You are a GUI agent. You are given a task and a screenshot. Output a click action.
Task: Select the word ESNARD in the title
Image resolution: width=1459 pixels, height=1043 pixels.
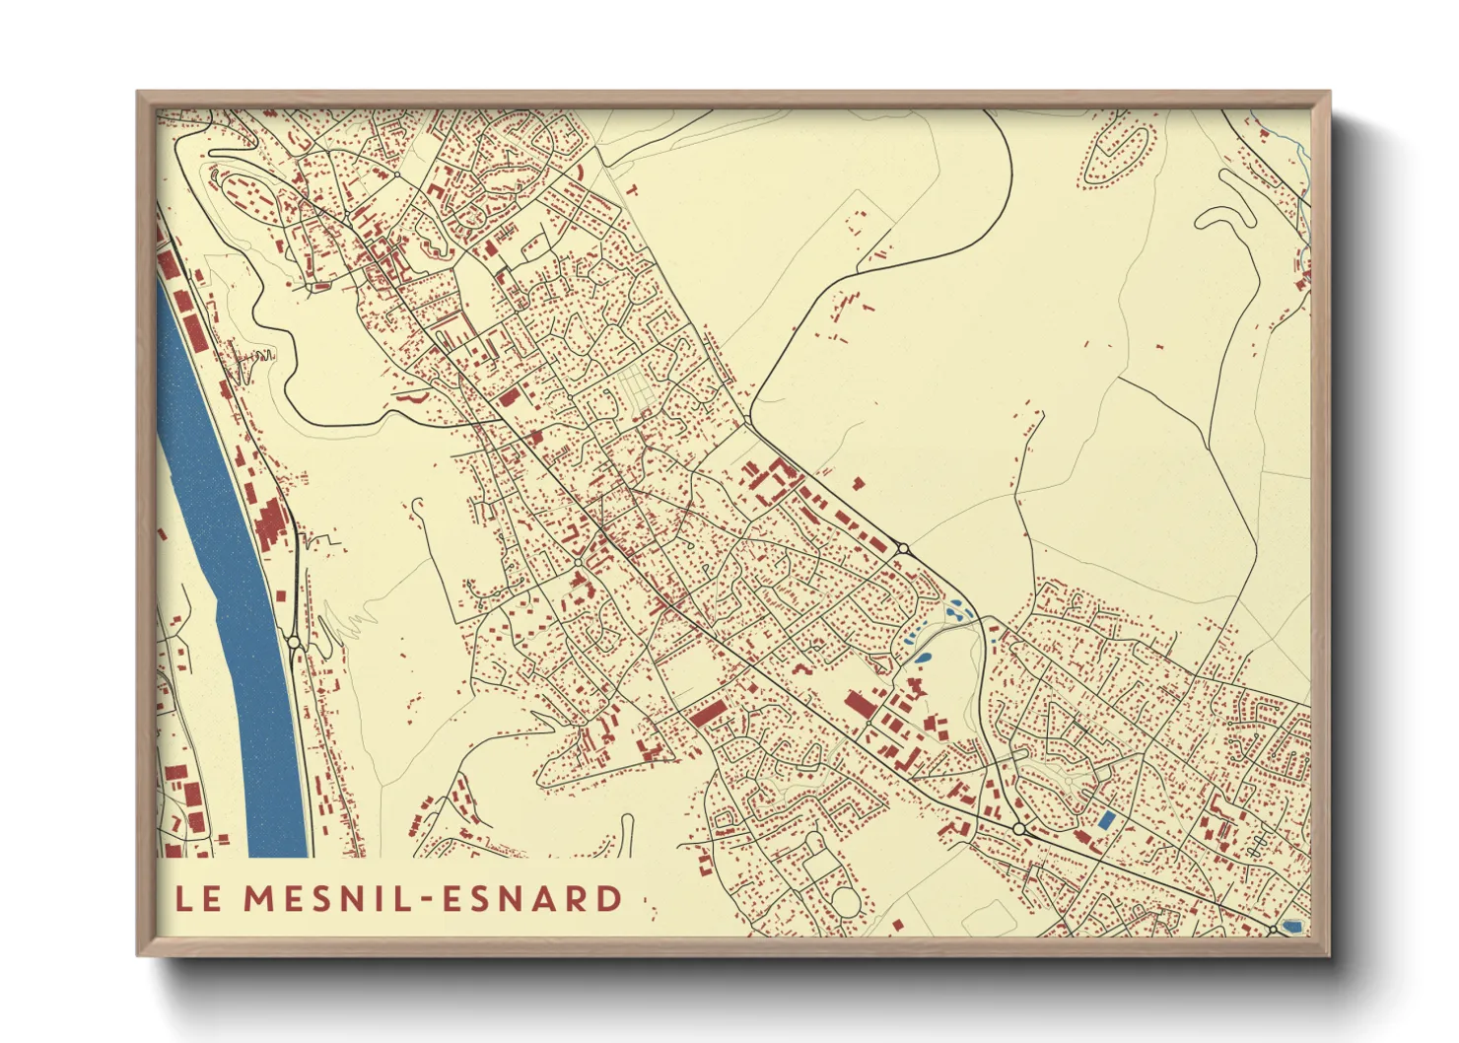[532, 898]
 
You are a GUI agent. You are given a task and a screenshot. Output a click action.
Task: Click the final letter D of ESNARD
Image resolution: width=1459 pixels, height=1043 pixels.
[608, 898]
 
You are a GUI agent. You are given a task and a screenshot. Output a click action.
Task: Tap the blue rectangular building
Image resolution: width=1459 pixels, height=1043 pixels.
[1106, 819]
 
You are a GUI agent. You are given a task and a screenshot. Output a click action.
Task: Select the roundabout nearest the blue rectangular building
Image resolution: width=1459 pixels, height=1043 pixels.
[1018, 830]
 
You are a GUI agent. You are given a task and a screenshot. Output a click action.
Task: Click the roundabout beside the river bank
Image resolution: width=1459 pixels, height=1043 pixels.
[294, 642]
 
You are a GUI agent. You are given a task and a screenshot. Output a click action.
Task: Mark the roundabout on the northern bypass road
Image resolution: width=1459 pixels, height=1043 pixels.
[902, 548]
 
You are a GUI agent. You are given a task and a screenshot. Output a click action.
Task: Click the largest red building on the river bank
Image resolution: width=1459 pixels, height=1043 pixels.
[268, 523]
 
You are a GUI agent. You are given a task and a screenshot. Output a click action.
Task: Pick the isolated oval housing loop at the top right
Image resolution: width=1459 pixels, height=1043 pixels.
[1119, 153]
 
